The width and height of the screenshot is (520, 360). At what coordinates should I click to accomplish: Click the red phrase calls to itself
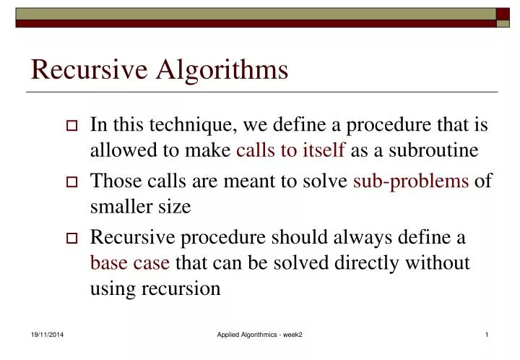(x=291, y=150)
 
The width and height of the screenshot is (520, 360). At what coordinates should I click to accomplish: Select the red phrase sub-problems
(x=411, y=180)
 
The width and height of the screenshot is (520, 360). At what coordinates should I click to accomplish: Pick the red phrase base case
(x=130, y=262)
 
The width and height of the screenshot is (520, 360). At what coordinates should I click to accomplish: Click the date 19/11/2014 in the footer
(x=45, y=335)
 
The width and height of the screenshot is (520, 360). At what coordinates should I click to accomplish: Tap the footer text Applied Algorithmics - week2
(x=260, y=335)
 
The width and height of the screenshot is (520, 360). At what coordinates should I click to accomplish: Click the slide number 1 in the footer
(x=487, y=335)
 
